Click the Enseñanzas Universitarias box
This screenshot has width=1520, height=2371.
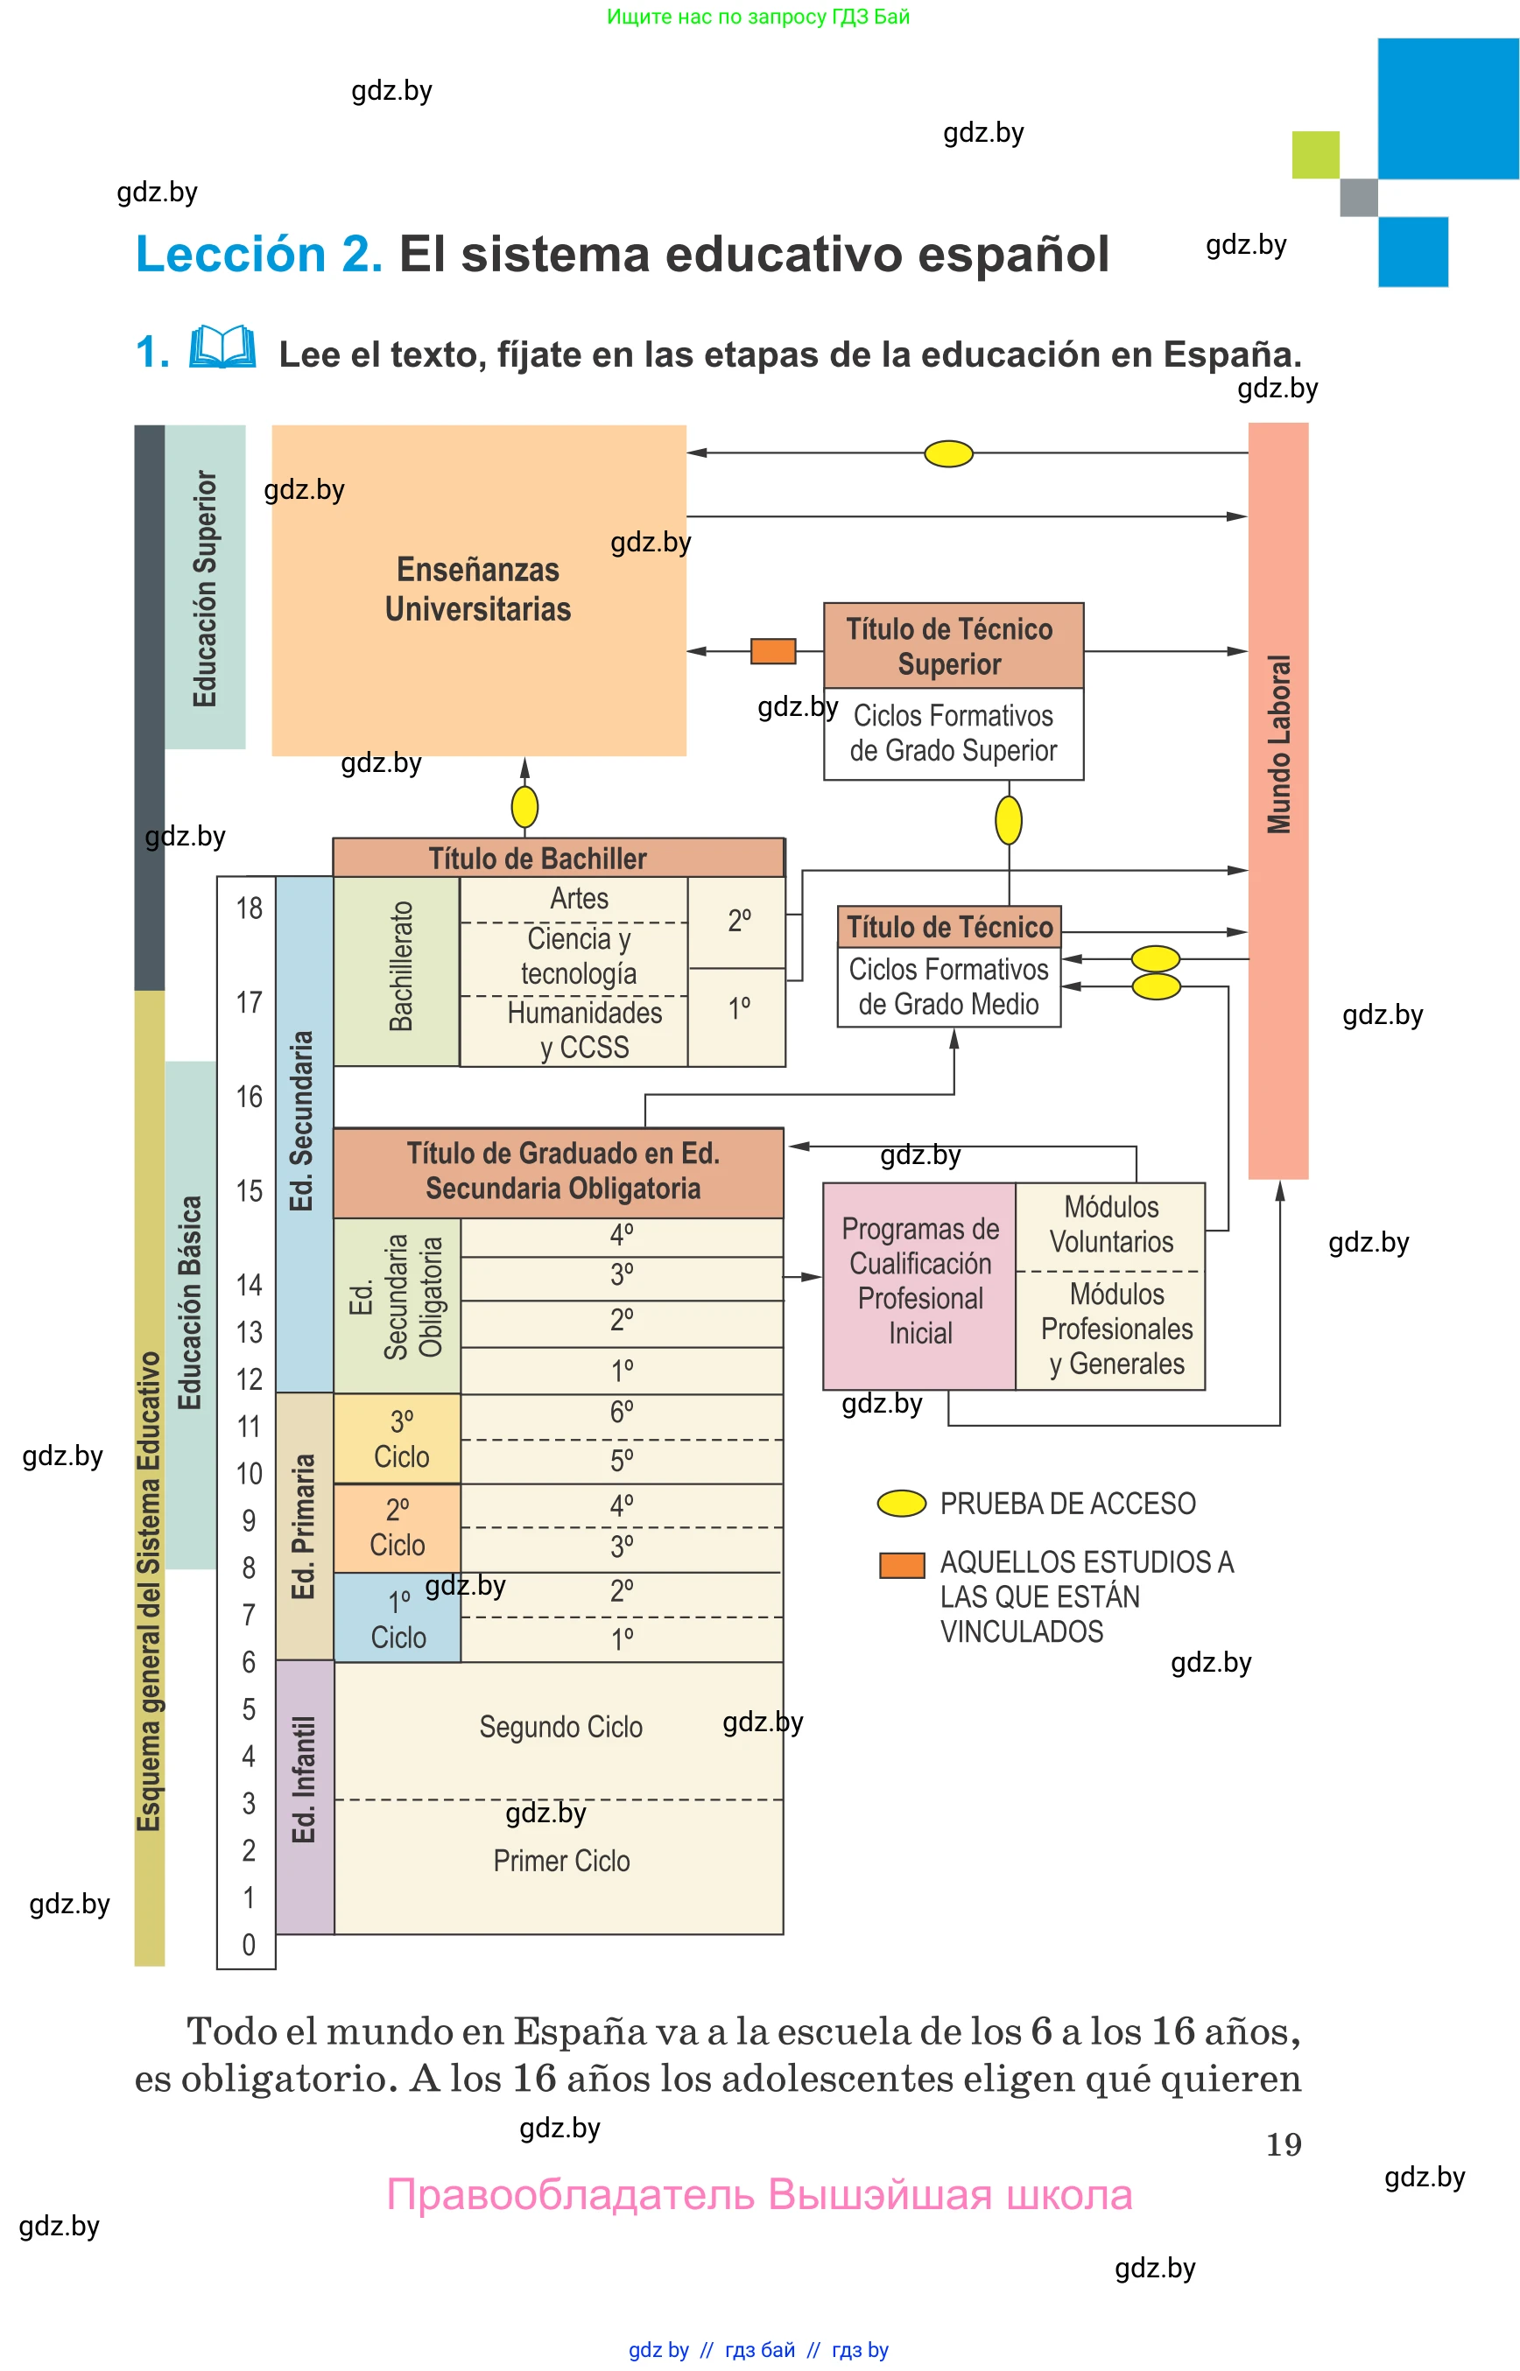(x=479, y=590)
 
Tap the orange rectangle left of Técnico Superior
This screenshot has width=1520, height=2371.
(x=773, y=651)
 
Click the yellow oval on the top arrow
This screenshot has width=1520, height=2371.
(x=948, y=454)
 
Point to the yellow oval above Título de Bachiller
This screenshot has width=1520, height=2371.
(x=524, y=807)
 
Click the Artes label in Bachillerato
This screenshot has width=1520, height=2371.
(x=580, y=899)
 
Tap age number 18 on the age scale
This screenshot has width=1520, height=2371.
(x=249, y=908)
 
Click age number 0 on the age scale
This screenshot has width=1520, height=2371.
(x=249, y=1945)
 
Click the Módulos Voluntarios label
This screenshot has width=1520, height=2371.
(x=1111, y=1224)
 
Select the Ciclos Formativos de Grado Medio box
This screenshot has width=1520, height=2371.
(x=948, y=987)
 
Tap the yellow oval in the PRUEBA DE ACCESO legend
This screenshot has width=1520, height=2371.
(x=901, y=1504)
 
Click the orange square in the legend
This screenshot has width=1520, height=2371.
(x=901, y=1566)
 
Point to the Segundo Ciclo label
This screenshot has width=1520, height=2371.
(x=560, y=1728)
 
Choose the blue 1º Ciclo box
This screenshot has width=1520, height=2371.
(x=398, y=1618)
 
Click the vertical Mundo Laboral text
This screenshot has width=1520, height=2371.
(x=1279, y=745)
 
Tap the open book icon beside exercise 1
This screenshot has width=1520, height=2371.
(x=222, y=347)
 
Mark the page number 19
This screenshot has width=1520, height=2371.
(x=1283, y=2144)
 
